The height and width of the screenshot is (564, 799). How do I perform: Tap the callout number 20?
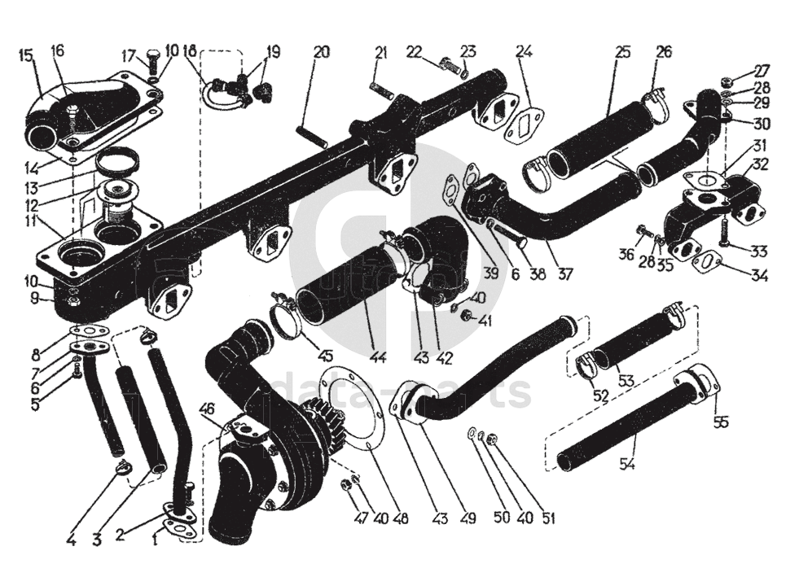pyautogui.click(x=322, y=53)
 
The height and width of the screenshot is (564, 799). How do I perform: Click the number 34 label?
pyautogui.click(x=760, y=275)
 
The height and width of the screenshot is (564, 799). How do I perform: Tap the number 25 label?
pyautogui.click(x=623, y=53)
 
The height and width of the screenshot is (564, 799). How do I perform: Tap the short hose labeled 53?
pyautogui.click(x=631, y=342)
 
